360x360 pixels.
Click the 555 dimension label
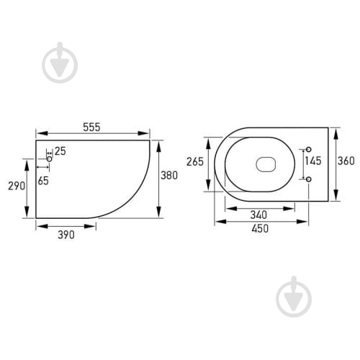[91, 127]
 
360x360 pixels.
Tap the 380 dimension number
[169, 176]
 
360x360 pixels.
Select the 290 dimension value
[17, 186]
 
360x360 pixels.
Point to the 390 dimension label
[66, 235]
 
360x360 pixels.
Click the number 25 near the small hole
[60, 151]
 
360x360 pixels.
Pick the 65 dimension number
[43, 181]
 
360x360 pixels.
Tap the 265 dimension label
[195, 162]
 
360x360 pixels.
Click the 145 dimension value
[313, 161]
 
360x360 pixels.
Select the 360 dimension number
[346, 161]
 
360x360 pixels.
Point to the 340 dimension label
[258, 215]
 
